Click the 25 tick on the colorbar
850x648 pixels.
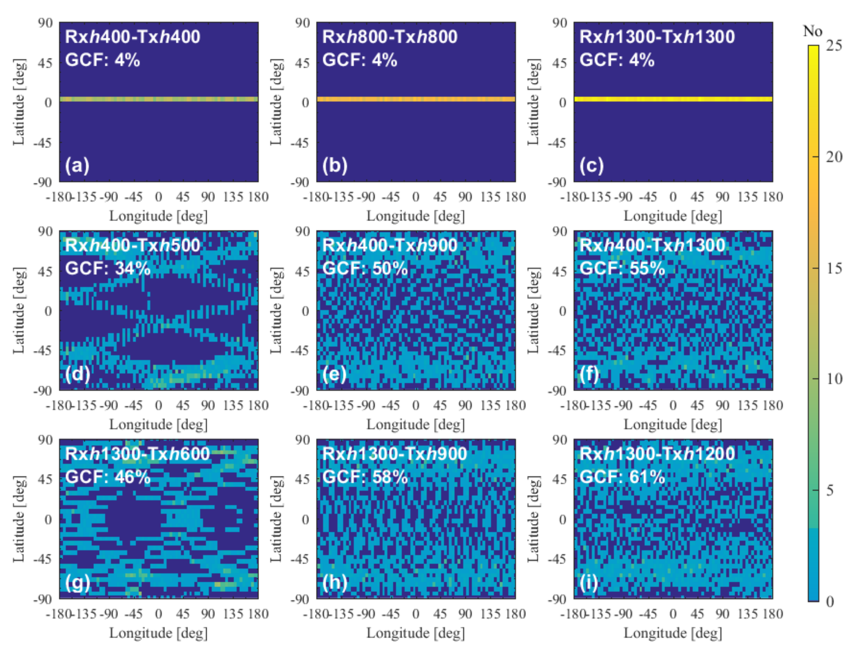pos(833,46)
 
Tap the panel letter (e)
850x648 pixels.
pos(334,374)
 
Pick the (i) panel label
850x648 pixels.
pos(589,582)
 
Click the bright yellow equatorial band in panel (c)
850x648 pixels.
pos(673,99)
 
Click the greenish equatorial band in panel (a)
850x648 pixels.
pos(159,99)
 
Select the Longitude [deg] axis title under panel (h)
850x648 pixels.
pos(416,633)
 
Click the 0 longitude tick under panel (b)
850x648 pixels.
pos(416,197)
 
